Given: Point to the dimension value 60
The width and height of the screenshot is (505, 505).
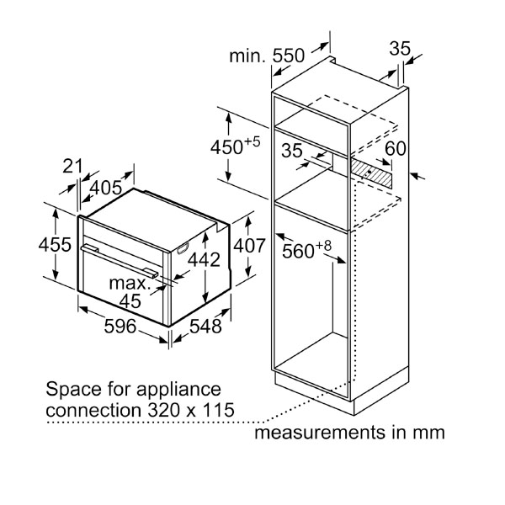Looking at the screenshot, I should click(396, 149).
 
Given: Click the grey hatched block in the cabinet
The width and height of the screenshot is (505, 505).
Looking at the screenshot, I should click(372, 174).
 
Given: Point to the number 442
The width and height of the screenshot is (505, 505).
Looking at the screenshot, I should click(203, 260).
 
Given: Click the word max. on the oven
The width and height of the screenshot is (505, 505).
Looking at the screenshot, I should click(129, 284).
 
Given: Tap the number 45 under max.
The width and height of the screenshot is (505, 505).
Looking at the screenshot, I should click(130, 300).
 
